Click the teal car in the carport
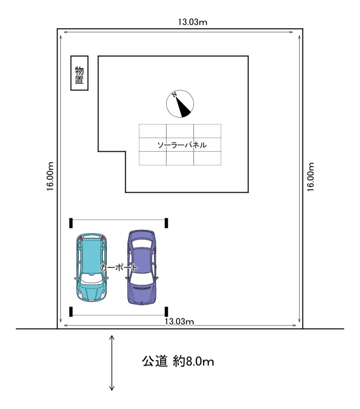click(x=92, y=267)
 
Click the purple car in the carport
click(x=142, y=267)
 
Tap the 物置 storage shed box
click(x=79, y=73)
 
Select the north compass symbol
click(x=180, y=104)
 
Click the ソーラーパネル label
click(x=182, y=145)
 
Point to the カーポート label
click(x=118, y=267)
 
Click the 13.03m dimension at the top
click(x=192, y=22)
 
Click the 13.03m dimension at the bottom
click(x=179, y=322)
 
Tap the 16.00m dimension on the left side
click(x=50, y=176)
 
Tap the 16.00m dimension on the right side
click(x=310, y=177)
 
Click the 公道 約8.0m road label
click(x=178, y=361)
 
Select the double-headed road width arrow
click(x=112, y=363)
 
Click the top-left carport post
click(x=71, y=223)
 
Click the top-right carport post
click(x=166, y=223)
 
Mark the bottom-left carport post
click(x=71, y=312)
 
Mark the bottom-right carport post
click(x=166, y=312)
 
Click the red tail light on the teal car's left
click(x=81, y=238)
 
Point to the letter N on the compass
click(x=174, y=95)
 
